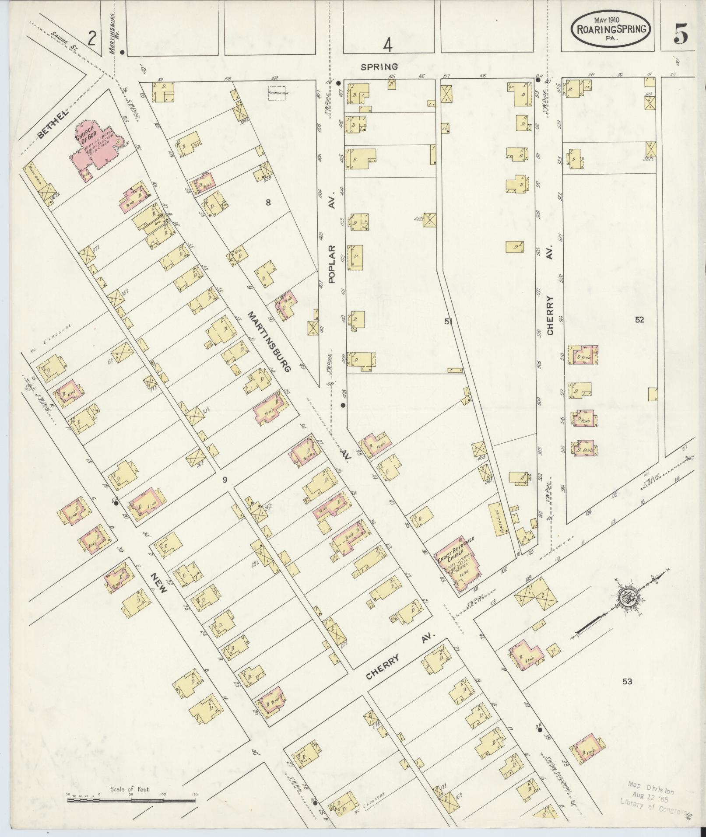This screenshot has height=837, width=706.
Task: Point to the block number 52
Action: (x=639, y=320)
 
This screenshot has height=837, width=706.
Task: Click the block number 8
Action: (x=268, y=202)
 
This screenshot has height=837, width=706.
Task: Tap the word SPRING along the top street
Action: (x=379, y=67)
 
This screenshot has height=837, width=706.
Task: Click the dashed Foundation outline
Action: (x=278, y=93)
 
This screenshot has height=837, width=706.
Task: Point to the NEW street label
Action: (x=158, y=582)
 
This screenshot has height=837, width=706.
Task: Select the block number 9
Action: (x=224, y=480)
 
